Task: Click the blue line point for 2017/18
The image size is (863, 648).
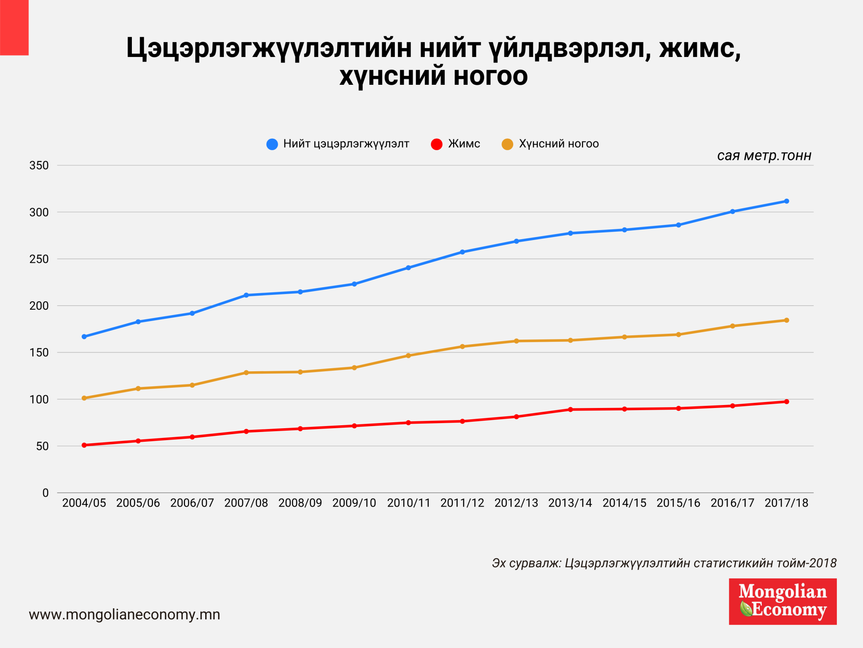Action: pyautogui.click(x=786, y=201)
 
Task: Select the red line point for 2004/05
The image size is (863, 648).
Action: pyautogui.click(x=84, y=445)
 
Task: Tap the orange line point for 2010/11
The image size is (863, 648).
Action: pyautogui.click(x=408, y=356)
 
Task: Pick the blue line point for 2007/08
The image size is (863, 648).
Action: pyautogui.click(x=246, y=295)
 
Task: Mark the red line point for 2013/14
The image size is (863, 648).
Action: pyautogui.click(x=571, y=410)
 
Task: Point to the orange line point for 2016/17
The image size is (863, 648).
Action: pyautogui.click(x=732, y=326)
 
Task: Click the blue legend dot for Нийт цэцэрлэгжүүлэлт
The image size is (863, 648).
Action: pyautogui.click(x=272, y=144)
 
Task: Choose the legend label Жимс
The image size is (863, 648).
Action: pyautogui.click(x=464, y=144)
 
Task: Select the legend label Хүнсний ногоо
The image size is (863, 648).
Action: pyautogui.click(x=558, y=144)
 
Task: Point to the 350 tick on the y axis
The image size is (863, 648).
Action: pyautogui.click(x=39, y=165)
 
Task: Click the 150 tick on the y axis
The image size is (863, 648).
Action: pyautogui.click(x=39, y=353)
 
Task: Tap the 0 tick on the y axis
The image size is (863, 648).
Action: pyautogui.click(x=46, y=493)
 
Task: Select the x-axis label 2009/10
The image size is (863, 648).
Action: pyautogui.click(x=354, y=503)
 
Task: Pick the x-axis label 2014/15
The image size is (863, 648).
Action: pyautogui.click(x=624, y=503)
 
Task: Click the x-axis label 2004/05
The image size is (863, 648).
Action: pyautogui.click(x=84, y=503)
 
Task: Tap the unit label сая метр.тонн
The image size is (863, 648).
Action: pyautogui.click(x=764, y=156)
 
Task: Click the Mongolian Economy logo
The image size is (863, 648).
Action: pyautogui.click(x=783, y=601)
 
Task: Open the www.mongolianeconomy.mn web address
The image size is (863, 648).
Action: pyautogui.click(x=125, y=615)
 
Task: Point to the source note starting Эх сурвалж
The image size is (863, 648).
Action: pyautogui.click(x=664, y=563)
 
